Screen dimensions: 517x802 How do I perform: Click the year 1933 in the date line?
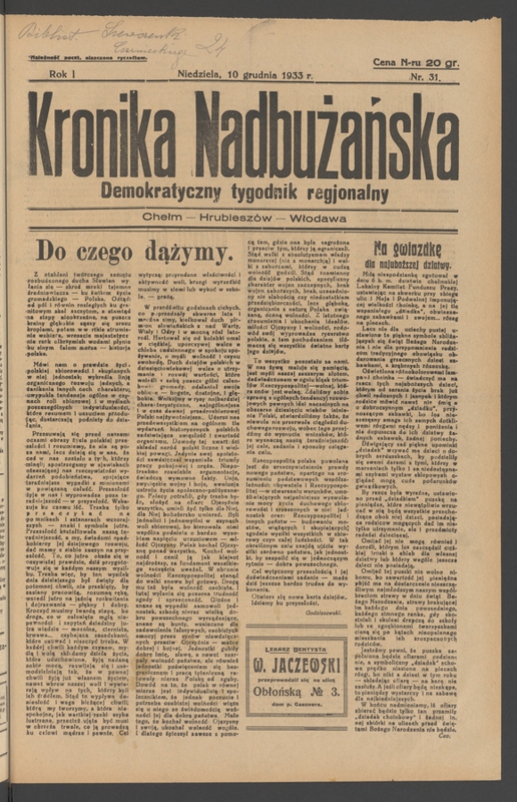click(x=284, y=75)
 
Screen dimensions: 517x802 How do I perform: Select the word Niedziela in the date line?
click(x=201, y=75)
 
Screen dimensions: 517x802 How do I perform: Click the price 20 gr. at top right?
click(x=440, y=62)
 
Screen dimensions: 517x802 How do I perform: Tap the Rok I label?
click(x=65, y=75)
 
